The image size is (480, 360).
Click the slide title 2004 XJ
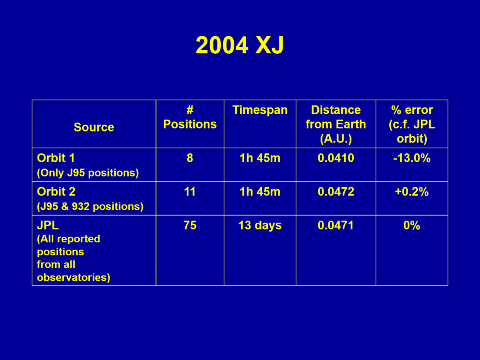point(240,45)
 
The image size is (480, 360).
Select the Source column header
point(94,127)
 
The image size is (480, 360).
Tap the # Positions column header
point(190,117)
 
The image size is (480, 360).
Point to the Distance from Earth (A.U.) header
point(336,124)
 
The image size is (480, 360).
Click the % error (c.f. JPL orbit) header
point(412,124)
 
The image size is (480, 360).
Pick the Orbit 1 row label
point(56,158)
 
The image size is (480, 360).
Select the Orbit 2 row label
point(56,192)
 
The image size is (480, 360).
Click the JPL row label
point(48,225)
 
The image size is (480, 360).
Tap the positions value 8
point(190,158)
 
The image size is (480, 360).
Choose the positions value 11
point(190,192)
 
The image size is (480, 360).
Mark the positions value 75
point(190,225)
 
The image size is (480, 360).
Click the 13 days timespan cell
point(260,226)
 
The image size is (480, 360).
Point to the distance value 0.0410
point(336,158)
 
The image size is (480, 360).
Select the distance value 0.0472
point(336,192)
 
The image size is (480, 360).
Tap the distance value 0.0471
point(336,225)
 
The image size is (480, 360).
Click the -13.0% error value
point(412,158)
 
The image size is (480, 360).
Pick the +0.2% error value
point(412,192)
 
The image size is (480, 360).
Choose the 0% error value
point(412,225)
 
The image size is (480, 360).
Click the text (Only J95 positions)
point(88,173)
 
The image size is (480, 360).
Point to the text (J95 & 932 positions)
point(90,206)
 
